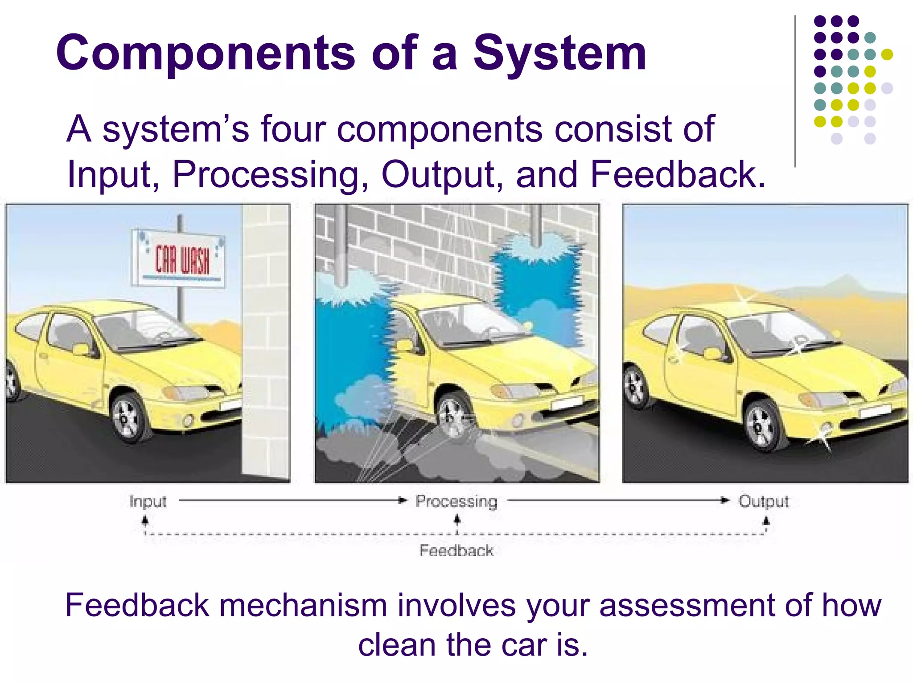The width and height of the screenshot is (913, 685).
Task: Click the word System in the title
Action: point(559,54)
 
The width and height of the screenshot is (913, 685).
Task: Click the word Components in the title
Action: point(205,54)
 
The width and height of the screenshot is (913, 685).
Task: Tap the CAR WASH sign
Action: point(178,259)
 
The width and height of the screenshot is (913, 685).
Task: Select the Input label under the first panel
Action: point(148,501)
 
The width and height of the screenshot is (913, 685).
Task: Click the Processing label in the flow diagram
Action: point(456,501)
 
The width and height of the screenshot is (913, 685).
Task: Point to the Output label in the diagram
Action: point(763,501)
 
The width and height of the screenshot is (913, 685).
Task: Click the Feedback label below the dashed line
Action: point(456,550)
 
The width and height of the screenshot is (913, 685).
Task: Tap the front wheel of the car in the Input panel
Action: point(128,417)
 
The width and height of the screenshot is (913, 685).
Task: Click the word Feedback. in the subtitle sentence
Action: point(678,175)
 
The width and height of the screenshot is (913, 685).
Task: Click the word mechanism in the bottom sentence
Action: point(303,605)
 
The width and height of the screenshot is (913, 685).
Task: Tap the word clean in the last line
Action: point(397,645)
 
